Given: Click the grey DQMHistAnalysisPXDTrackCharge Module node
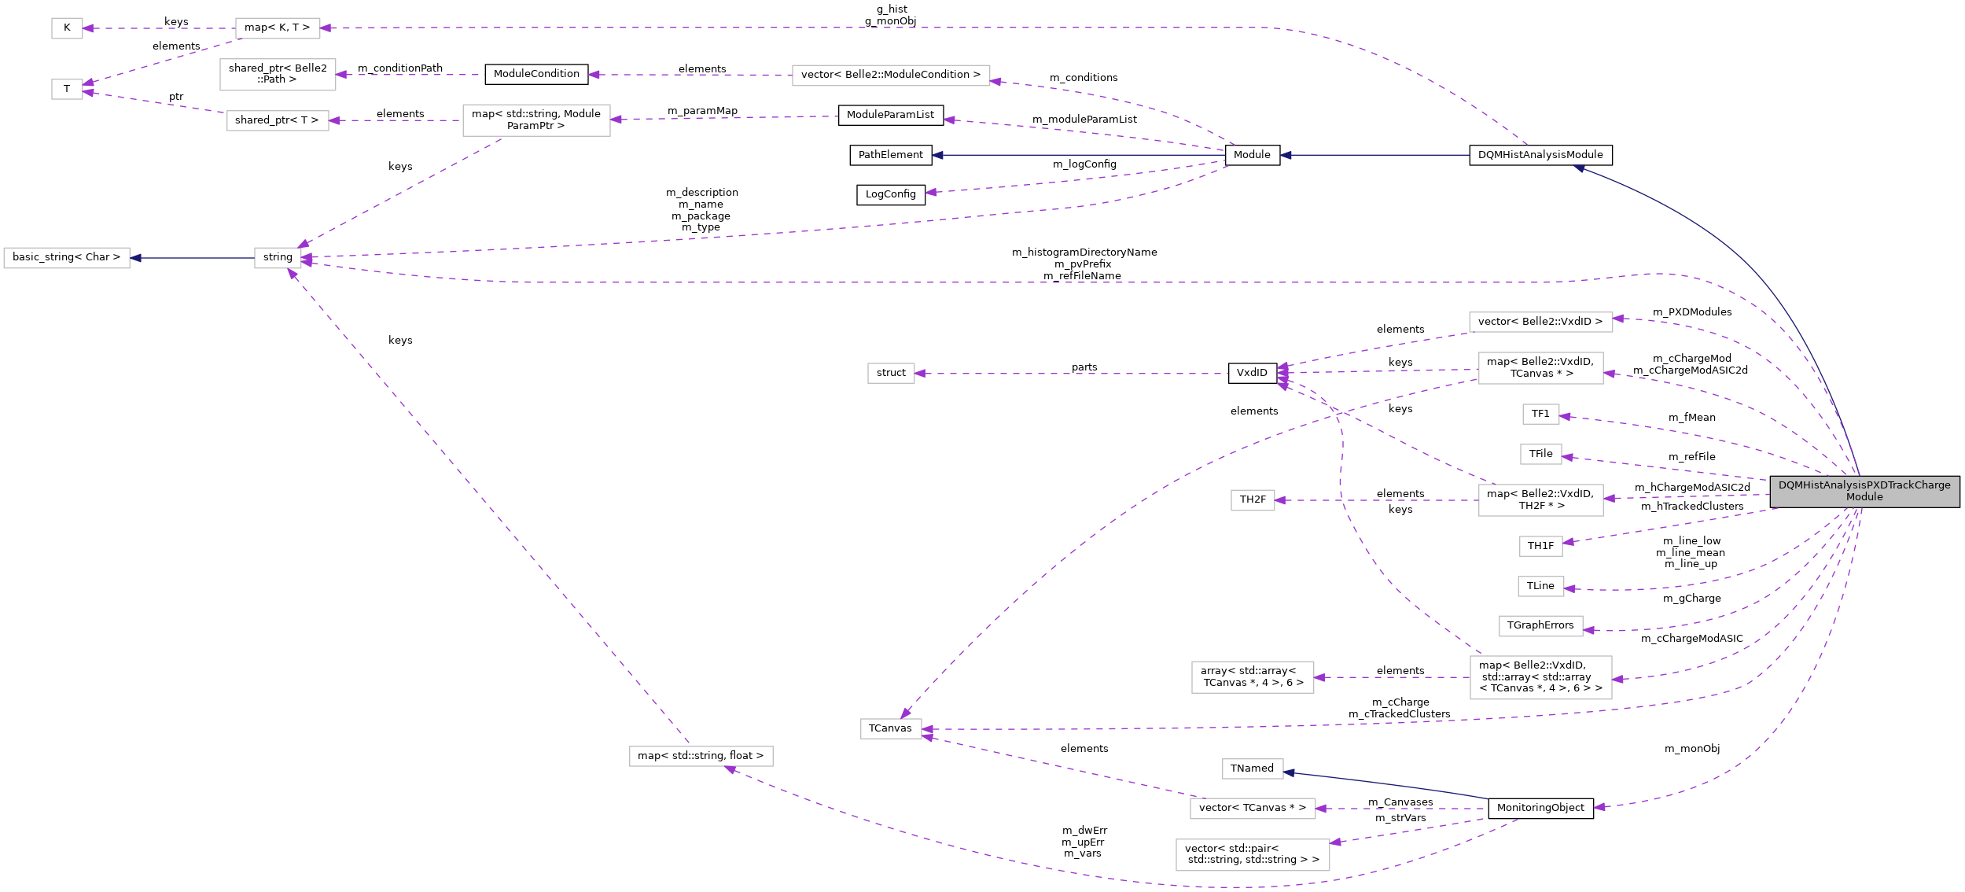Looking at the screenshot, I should pos(1864,492).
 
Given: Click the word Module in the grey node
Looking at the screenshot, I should pos(1864,497).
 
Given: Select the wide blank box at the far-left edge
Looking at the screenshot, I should pos(67,258).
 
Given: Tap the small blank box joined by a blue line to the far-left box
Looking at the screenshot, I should pos(278,258).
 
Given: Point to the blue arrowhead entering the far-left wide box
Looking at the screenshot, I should pos(136,258).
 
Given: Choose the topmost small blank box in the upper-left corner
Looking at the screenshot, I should pos(67,28).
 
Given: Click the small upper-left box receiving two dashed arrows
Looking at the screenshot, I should pos(67,89).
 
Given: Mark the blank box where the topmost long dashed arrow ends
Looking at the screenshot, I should pos(278,28).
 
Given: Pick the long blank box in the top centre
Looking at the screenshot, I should pos(891,76).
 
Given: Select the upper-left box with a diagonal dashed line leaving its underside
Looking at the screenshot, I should pos(536,120).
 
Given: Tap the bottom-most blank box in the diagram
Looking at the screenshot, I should pos(1253,855).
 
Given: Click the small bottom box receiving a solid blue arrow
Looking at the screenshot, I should pos(1253,769).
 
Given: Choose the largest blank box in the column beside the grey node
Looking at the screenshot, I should pos(1540,677).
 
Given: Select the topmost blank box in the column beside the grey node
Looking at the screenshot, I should pos(1540,322).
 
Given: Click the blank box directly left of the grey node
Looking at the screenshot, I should pos(1540,500).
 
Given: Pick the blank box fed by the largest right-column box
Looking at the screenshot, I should pos(1253,677).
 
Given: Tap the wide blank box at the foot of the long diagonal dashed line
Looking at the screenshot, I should pos(701,756).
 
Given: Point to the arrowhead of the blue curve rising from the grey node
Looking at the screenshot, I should pos(1579,168).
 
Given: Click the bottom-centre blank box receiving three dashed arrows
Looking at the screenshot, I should pos(891,729).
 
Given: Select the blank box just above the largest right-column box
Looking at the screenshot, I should pos(1540,626).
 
